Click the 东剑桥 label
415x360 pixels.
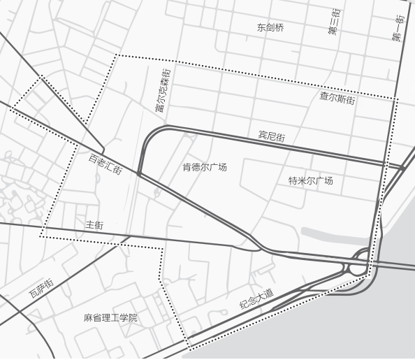[270, 28]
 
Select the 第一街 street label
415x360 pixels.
[398, 28]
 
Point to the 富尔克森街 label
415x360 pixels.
[162, 89]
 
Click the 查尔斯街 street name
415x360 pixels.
[337, 99]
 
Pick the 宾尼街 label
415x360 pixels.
[272, 136]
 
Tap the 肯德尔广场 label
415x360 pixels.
[205, 168]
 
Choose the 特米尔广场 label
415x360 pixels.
[311, 181]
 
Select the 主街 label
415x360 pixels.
[94, 225]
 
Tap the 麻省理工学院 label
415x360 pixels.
[110, 318]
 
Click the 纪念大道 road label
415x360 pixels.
[256, 298]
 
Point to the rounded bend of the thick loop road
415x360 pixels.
[148, 137]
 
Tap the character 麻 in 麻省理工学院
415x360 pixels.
[88, 318]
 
